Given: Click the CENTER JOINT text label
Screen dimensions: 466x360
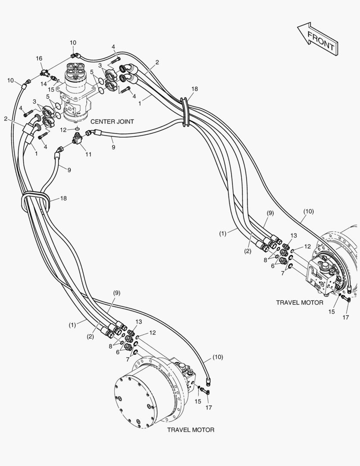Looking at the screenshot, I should (x=112, y=122).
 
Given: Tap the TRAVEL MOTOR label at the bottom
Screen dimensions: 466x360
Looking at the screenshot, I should (x=191, y=430).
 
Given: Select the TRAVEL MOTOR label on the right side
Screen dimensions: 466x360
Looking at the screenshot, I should (x=300, y=302).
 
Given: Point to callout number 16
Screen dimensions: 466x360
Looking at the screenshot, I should (x=39, y=59).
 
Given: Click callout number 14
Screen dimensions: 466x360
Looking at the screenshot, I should (x=43, y=84).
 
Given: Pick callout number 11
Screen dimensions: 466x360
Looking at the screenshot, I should (x=88, y=154).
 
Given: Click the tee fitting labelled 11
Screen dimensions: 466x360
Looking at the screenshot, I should (x=77, y=139).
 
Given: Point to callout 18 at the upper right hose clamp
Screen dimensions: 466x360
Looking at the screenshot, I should (x=195, y=89).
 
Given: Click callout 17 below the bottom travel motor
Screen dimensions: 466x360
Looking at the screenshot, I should (x=209, y=407).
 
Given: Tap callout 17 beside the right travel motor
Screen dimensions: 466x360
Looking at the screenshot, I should (x=346, y=318).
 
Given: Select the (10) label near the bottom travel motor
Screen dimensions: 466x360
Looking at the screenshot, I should (x=217, y=357).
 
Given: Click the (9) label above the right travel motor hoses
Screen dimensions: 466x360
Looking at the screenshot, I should (x=270, y=213).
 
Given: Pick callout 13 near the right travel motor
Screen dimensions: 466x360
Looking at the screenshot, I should (x=294, y=236).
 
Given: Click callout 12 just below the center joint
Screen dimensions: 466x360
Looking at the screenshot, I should (x=63, y=129).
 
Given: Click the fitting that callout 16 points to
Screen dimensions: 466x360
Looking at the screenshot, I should (x=44, y=72).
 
